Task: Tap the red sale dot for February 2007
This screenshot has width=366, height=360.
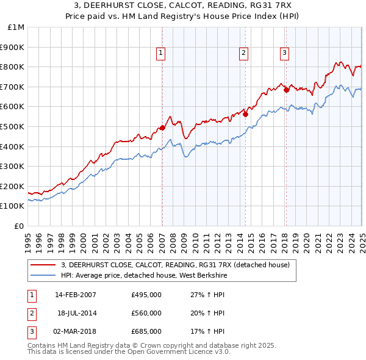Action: tap(162, 128)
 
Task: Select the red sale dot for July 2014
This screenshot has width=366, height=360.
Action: tap(245, 114)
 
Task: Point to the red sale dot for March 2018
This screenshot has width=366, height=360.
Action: tap(286, 90)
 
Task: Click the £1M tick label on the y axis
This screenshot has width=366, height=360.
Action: tap(16, 27)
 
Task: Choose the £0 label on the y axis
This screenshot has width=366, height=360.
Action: tap(20, 226)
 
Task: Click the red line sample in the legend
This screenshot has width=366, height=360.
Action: tap(43, 265)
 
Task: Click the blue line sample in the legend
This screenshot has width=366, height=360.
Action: tap(43, 275)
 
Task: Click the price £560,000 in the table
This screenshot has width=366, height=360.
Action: tap(146, 313)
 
